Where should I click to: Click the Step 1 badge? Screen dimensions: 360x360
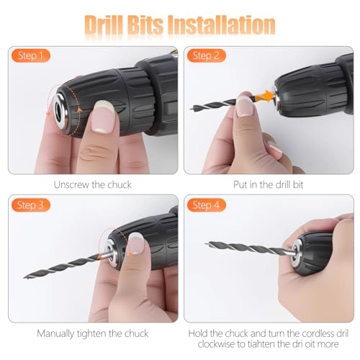tap(30, 55)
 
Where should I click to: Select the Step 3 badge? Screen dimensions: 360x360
tap(30, 205)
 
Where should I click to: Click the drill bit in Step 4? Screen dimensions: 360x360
tap(252, 248)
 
